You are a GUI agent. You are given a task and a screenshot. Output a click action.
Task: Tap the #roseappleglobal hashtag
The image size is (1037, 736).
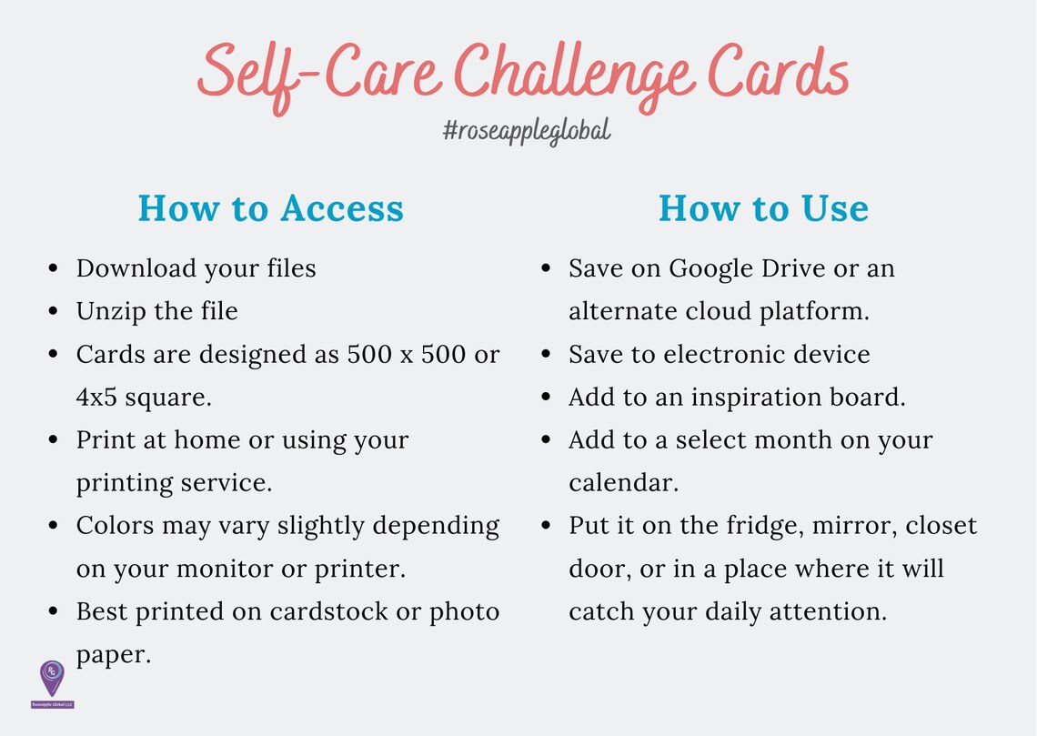click(527, 131)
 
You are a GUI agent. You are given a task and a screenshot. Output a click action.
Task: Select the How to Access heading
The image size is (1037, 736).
click(271, 208)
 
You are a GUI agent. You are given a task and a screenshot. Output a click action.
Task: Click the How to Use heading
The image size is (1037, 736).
click(763, 208)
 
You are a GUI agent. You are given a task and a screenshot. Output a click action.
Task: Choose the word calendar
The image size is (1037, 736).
click(622, 482)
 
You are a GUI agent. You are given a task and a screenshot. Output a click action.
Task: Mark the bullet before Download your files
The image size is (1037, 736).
click(54, 269)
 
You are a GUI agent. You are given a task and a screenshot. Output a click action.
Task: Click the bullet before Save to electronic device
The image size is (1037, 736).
click(546, 355)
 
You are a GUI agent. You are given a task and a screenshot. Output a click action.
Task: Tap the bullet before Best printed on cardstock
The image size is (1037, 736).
click(54, 612)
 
